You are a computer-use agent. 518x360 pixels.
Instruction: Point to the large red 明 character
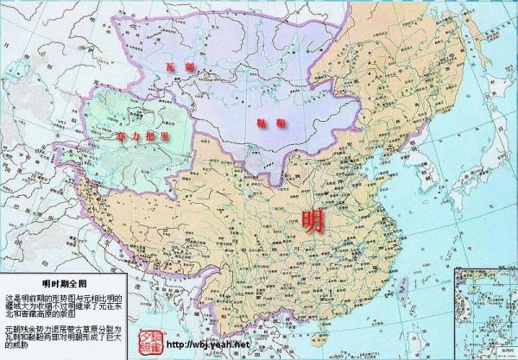[x=313, y=222]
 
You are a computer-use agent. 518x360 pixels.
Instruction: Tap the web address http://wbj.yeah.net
[x=208, y=345]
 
